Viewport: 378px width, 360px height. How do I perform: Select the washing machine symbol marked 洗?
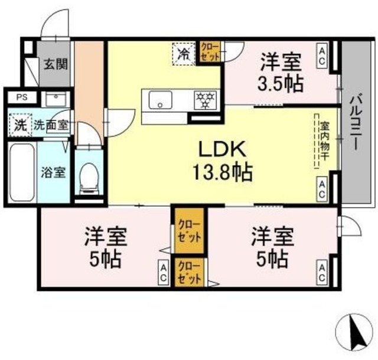click(20, 125)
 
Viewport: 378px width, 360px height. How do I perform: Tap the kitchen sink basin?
click(159, 101)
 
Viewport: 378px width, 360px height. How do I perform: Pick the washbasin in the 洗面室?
click(57, 100)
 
